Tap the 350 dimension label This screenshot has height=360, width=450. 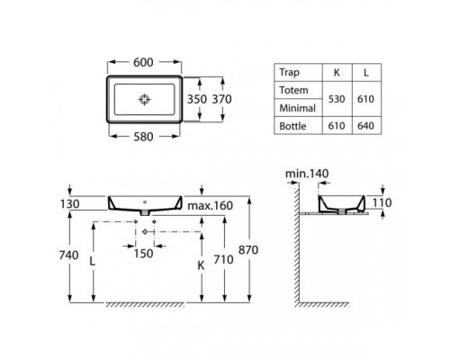tap(198, 98)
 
